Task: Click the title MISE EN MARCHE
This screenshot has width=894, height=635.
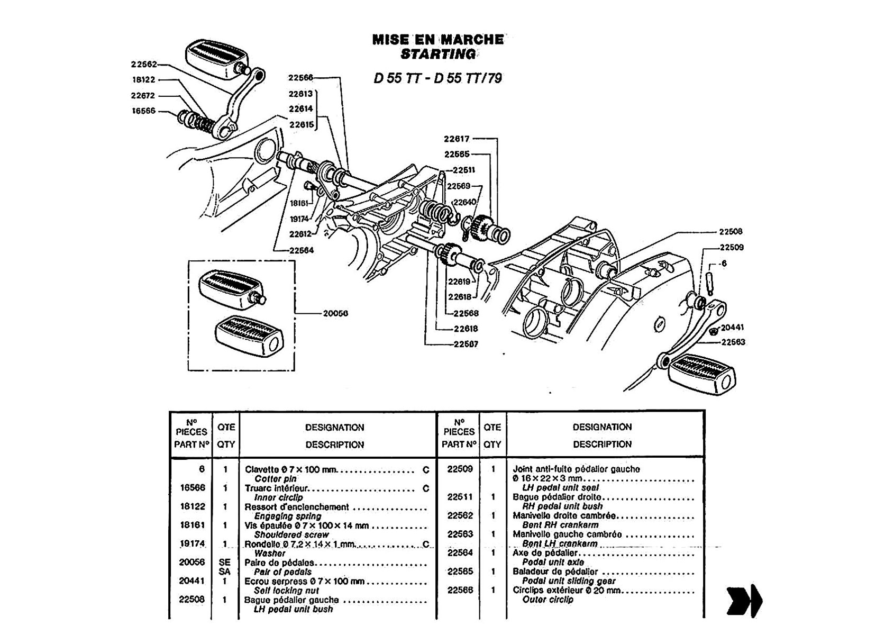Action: [x=438, y=39]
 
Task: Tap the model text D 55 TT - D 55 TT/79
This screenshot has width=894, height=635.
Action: [x=437, y=78]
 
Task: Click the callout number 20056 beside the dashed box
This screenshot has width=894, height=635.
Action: [x=335, y=313]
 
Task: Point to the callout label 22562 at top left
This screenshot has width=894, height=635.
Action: [x=144, y=65]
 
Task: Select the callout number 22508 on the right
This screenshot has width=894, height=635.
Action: [x=731, y=231]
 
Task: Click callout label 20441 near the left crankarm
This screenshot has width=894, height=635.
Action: [x=732, y=328]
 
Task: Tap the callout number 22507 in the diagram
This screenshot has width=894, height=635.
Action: [x=466, y=344]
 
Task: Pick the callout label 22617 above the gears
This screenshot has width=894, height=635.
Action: [x=457, y=139]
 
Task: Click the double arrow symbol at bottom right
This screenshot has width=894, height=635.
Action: [x=745, y=601]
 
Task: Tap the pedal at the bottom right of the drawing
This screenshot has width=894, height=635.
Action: [x=701, y=375]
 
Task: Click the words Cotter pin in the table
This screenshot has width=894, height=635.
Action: [x=276, y=479]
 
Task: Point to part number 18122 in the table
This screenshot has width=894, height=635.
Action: [x=192, y=506]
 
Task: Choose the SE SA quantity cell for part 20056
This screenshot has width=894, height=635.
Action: [x=225, y=567]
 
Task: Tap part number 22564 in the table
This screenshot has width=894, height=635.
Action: [x=460, y=552]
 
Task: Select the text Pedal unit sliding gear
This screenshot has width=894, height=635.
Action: [x=569, y=581]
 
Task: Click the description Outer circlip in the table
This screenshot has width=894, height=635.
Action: [x=548, y=600]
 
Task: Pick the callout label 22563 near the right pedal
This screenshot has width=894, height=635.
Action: [x=732, y=342]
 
